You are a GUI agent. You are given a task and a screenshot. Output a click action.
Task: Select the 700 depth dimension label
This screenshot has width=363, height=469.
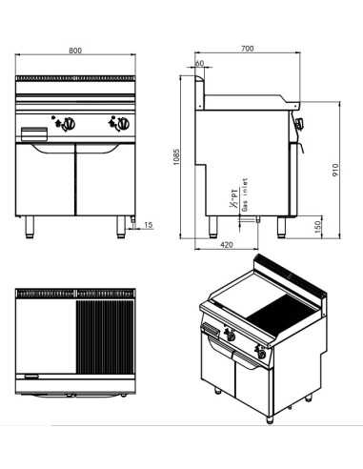247,48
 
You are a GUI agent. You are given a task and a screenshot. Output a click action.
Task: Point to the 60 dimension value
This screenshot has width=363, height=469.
199,64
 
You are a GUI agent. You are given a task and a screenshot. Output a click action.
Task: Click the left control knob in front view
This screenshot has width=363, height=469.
67,122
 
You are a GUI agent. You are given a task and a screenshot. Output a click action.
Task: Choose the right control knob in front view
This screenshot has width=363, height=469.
121,122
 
